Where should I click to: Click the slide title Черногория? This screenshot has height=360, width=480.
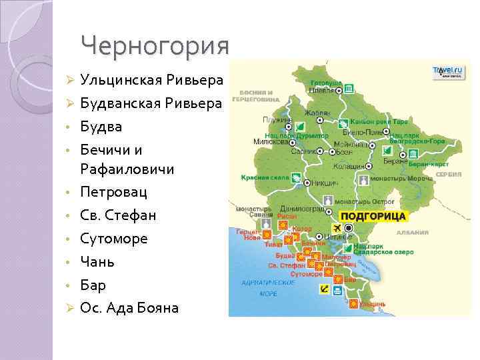[154, 45]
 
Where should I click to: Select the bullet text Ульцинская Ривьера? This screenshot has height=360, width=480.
[151, 81]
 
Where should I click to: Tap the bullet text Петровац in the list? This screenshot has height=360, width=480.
[114, 193]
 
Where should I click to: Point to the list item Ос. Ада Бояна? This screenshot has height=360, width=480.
[129, 307]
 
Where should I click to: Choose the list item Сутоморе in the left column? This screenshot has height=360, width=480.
[114, 239]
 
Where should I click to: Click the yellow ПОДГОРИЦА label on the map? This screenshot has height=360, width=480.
[373, 217]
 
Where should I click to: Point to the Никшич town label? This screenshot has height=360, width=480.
[322, 181]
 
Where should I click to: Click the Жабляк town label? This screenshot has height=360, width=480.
[319, 113]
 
